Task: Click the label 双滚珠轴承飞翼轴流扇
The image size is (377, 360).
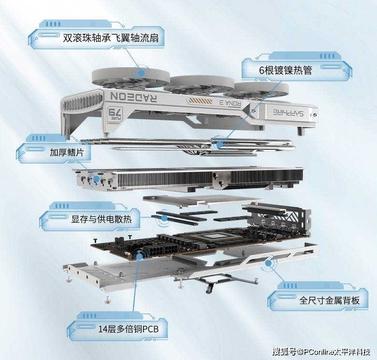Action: (x=111, y=38)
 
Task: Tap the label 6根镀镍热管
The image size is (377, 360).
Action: (x=285, y=70)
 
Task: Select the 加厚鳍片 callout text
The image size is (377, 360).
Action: (x=67, y=152)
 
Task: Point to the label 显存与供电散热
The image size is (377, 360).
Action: (x=101, y=219)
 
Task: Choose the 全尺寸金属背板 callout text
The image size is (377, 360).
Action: (x=329, y=300)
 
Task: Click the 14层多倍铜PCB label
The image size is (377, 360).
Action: (x=129, y=329)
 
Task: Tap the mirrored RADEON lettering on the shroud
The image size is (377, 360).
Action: (x=134, y=97)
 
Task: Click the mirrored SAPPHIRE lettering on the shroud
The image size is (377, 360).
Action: (x=288, y=112)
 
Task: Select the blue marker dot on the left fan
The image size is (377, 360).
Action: (x=142, y=73)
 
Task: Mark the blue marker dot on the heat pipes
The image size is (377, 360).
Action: (x=219, y=145)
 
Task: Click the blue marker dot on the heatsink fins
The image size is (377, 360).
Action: (x=96, y=179)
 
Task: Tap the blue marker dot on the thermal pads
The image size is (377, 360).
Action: (x=164, y=218)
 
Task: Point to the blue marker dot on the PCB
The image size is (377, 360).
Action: (x=140, y=256)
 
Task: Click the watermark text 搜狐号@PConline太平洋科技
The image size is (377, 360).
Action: (x=321, y=352)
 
